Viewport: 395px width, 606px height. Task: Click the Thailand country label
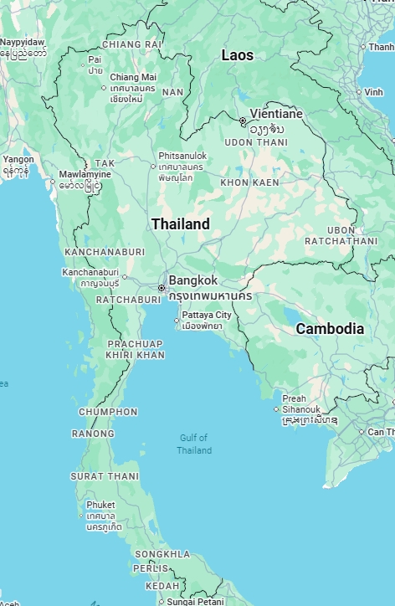[180, 224]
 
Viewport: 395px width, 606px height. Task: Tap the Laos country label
[238, 55]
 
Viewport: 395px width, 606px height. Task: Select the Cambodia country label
[330, 329]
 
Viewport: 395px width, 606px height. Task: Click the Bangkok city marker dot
[162, 288]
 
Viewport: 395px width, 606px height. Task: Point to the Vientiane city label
[276, 113]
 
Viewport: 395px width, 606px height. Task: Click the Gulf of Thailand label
[193, 444]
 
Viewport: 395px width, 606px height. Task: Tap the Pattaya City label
[206, 315]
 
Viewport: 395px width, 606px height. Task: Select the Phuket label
[100, 505]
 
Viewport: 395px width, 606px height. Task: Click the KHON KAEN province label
[249, 182]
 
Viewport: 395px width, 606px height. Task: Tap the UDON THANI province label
[255, 142]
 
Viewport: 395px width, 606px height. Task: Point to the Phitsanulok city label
[192, 156]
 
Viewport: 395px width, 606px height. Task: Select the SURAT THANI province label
[105, 476]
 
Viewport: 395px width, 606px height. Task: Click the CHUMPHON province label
[108, 412]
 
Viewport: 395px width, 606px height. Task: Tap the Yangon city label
[18, 159]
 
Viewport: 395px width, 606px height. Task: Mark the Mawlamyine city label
[84, 174]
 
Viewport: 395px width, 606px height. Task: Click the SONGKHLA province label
[162, 554]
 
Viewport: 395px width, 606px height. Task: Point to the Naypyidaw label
[23, 42]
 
